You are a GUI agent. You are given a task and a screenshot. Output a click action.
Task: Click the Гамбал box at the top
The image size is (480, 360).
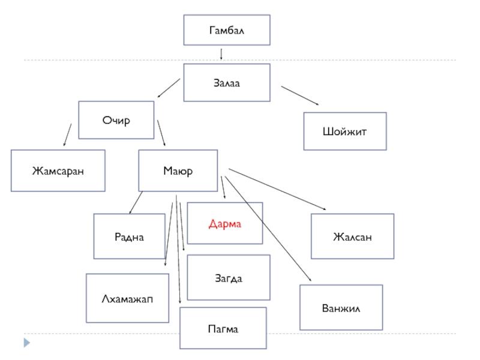226,30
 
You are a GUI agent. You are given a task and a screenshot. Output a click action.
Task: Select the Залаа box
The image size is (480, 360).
226,83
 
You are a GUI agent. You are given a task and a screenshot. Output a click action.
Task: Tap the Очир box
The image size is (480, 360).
116,120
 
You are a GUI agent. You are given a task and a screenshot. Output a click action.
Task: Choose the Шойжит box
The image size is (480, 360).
344,131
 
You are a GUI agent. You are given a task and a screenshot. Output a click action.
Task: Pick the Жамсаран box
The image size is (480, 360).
58,171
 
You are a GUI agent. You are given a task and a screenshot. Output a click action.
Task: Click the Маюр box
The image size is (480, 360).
178,171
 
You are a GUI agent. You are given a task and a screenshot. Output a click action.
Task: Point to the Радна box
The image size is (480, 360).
130,236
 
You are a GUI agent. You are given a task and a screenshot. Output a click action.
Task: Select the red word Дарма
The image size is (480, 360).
224,224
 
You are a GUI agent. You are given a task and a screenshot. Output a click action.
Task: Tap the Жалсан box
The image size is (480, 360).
352,236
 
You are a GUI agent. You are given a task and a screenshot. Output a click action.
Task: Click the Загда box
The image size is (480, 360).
229,278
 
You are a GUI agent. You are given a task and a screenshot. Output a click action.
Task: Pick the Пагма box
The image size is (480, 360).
223,329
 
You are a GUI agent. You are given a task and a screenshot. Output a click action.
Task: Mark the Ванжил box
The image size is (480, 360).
341,308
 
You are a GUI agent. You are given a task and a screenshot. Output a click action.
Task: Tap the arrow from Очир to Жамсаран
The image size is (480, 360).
67,135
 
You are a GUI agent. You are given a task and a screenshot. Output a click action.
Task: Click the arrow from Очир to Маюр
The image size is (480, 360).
161,133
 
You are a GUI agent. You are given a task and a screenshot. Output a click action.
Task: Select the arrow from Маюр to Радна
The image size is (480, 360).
136,203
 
